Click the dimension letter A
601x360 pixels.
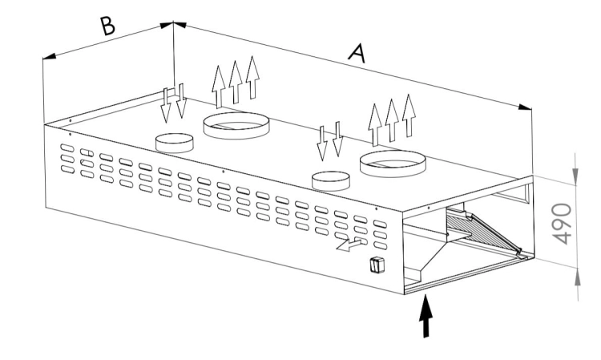tap(357, 53)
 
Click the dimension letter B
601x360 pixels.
tap(107, 26)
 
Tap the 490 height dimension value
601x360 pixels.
tap(563, 224)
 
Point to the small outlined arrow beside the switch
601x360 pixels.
tap(349, 245)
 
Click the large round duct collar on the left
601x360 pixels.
tap(236, 126)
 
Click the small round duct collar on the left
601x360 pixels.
tap(175, 143)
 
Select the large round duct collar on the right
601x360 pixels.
tap(393, 164)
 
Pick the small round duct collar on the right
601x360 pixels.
tap(331, 181)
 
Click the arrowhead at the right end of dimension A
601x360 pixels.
tap(525, 107)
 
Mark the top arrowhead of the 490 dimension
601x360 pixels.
tap(575, 176)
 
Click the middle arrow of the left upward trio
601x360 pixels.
tap(236, 82)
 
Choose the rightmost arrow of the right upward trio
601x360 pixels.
tap(409, 115)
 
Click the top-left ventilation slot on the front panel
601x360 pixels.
tap(67, 148)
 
